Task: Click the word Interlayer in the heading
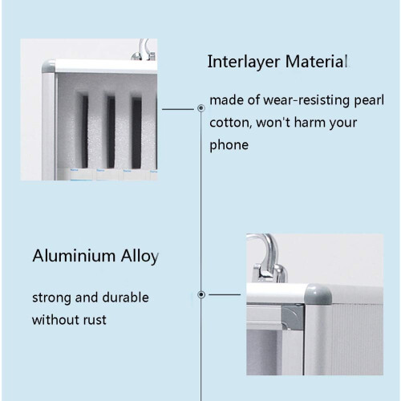pos(243,62)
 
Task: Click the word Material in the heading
pos(317,61)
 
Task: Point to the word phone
pos(229,146)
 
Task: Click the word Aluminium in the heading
pos(74,256)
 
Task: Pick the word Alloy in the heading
pos(140,257)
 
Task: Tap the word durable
pos(125,298)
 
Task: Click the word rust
pos(95,320)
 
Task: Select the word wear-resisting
pos(306,100)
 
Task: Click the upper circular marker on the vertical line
pos(201,108)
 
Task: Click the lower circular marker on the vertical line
pos(201,294)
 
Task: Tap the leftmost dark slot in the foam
pos(85,132)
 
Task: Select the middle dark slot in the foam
pos(111,132)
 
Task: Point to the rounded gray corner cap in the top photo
pos(49,67)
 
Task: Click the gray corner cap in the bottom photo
pos(318,294)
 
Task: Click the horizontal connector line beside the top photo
pos(178,109)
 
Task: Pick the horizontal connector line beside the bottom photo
pos(225,294)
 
